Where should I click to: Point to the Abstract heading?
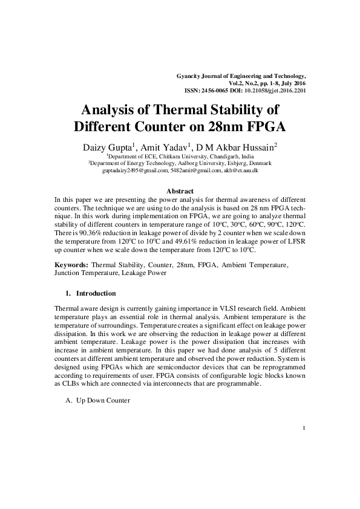(x=180, y=191)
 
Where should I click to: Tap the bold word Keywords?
(x=71, y=265)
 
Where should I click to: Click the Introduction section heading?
(x=96, y=294)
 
